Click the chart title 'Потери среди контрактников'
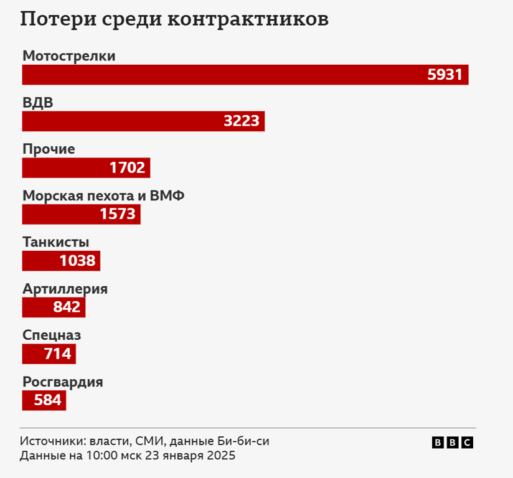(174, 19)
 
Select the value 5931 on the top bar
(445, 75)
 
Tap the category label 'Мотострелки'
(69, 56)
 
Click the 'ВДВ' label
(38, 103)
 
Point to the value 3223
(241, 121)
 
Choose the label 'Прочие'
(49, 149)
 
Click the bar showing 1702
(86, 168)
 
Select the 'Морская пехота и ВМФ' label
(103, 196)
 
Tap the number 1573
(117, 215)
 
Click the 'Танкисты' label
(55, 242)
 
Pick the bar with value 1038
(61, 261)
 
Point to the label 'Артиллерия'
(65, 289)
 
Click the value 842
(67, 307)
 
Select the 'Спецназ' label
(52, 335)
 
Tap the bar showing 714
(49, 354)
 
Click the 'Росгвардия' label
(62, 382)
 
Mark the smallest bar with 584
(44, 401)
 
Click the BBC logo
(453, 443)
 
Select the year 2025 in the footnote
(220, 456)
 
